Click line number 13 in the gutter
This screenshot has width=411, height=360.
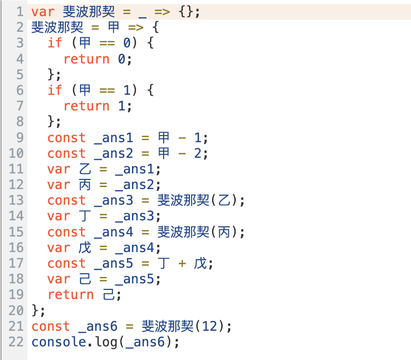(16, 201)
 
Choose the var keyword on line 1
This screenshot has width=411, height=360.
(43, 12)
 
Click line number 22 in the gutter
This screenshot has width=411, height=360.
(16, 342)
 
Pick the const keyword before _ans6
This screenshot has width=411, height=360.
(51, 326)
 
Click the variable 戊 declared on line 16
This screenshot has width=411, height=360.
(85, 248)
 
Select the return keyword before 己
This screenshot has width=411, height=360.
(71, 295)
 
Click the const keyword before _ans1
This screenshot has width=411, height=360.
(66, 138)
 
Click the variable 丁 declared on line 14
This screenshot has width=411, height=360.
(85, 216)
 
